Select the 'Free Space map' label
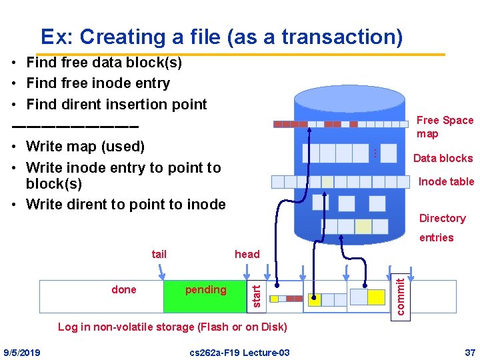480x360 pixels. [444, 127]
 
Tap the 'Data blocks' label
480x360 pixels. [443, 158]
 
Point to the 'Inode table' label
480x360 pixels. [445, 181]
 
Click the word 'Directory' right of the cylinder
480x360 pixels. [442, 218]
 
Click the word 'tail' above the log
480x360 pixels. [159, 254]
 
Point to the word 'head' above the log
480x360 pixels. [247, 254]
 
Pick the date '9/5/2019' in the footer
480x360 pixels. [22, 352]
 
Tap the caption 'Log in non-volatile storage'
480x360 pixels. [173, 327]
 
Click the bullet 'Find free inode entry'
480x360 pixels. [97, 83]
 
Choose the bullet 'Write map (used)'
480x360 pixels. [85, 146]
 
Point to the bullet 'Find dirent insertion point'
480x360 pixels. [116, 104]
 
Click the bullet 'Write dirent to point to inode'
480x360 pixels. [125, 204]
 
